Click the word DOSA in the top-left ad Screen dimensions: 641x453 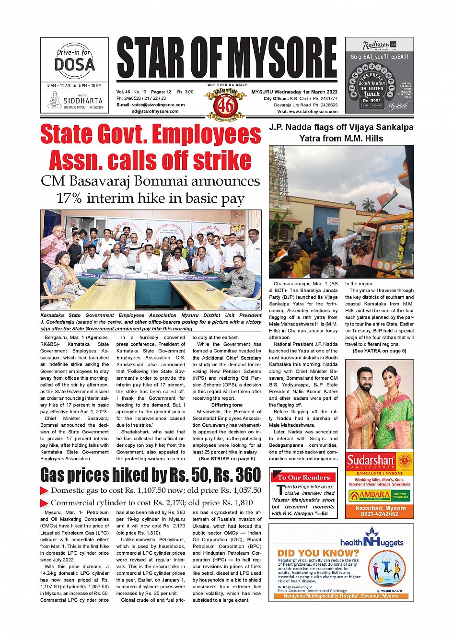coord(74,65)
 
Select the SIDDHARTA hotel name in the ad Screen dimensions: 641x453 coord(82,101)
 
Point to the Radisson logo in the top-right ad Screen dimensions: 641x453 coord(377,46)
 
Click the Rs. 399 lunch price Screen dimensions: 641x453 coord(372,101)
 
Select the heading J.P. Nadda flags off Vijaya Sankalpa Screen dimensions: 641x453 coord(341,128)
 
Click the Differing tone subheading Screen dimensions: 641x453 coord(227,405)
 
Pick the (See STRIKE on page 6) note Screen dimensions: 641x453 coord(227,459)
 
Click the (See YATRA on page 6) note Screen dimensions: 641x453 coord(379,351)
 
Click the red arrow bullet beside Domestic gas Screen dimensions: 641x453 coord(44,490)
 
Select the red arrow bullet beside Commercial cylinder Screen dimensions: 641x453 coord(44,503)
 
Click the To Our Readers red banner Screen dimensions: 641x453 coord(303,478)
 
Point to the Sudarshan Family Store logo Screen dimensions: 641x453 coord(379,462)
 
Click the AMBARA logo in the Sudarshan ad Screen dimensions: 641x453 coord(368,495)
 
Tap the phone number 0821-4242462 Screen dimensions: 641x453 coord(379,514)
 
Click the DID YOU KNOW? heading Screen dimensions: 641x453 coord(318,553)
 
